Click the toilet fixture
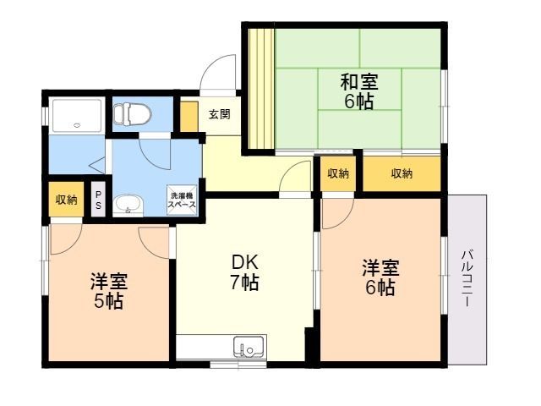[x=133, y=113]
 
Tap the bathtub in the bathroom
[x=77, y=116]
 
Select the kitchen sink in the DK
[x=249, y=347]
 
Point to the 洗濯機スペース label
[x=182, y=200]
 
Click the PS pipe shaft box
[x=98, y=200]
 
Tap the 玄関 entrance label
[x=220, y=114]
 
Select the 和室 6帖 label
[x=359, y=91]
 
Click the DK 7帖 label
[x=245, y=272]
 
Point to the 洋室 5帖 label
[x=109, y=291]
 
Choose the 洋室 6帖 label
[x=380, y=277]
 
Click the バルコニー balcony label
[x=467, y=278]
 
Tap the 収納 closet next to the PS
[x=66, y=200]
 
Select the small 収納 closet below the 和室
[x=338, y=173]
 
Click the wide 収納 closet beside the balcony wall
[x=402, y=173]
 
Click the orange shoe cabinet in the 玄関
[x=189, y=117]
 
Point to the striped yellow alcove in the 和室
[x=261, y=89]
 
